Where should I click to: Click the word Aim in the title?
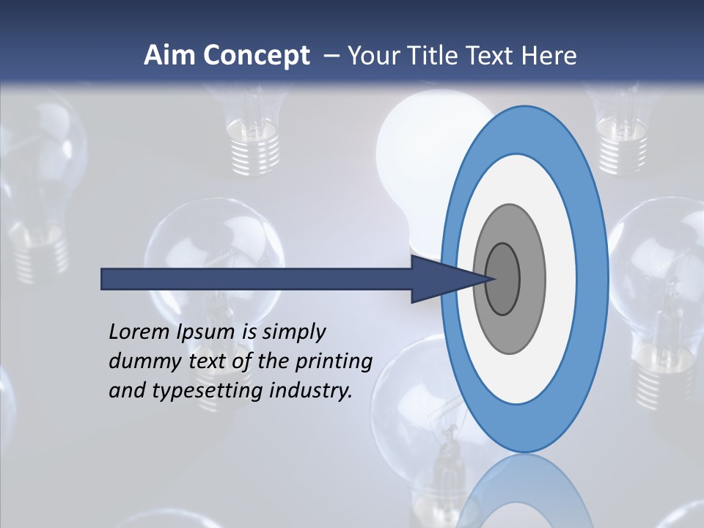point(166,56)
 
